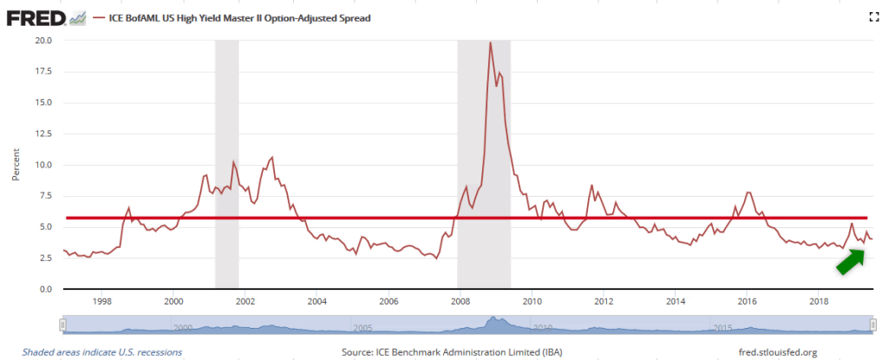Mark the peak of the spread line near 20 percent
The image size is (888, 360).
tap(491, 43)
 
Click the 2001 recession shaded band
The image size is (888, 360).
tap(226, 164)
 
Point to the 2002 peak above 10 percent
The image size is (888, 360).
tap(272, 158)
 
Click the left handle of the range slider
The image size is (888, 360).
tap(62, 324)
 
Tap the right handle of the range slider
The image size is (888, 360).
tap(872, 324)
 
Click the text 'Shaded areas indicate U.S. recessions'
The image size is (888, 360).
tap(96, 352)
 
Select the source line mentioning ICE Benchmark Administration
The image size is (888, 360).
tap(443, 352)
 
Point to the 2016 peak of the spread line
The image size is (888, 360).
tap(748, 192)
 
